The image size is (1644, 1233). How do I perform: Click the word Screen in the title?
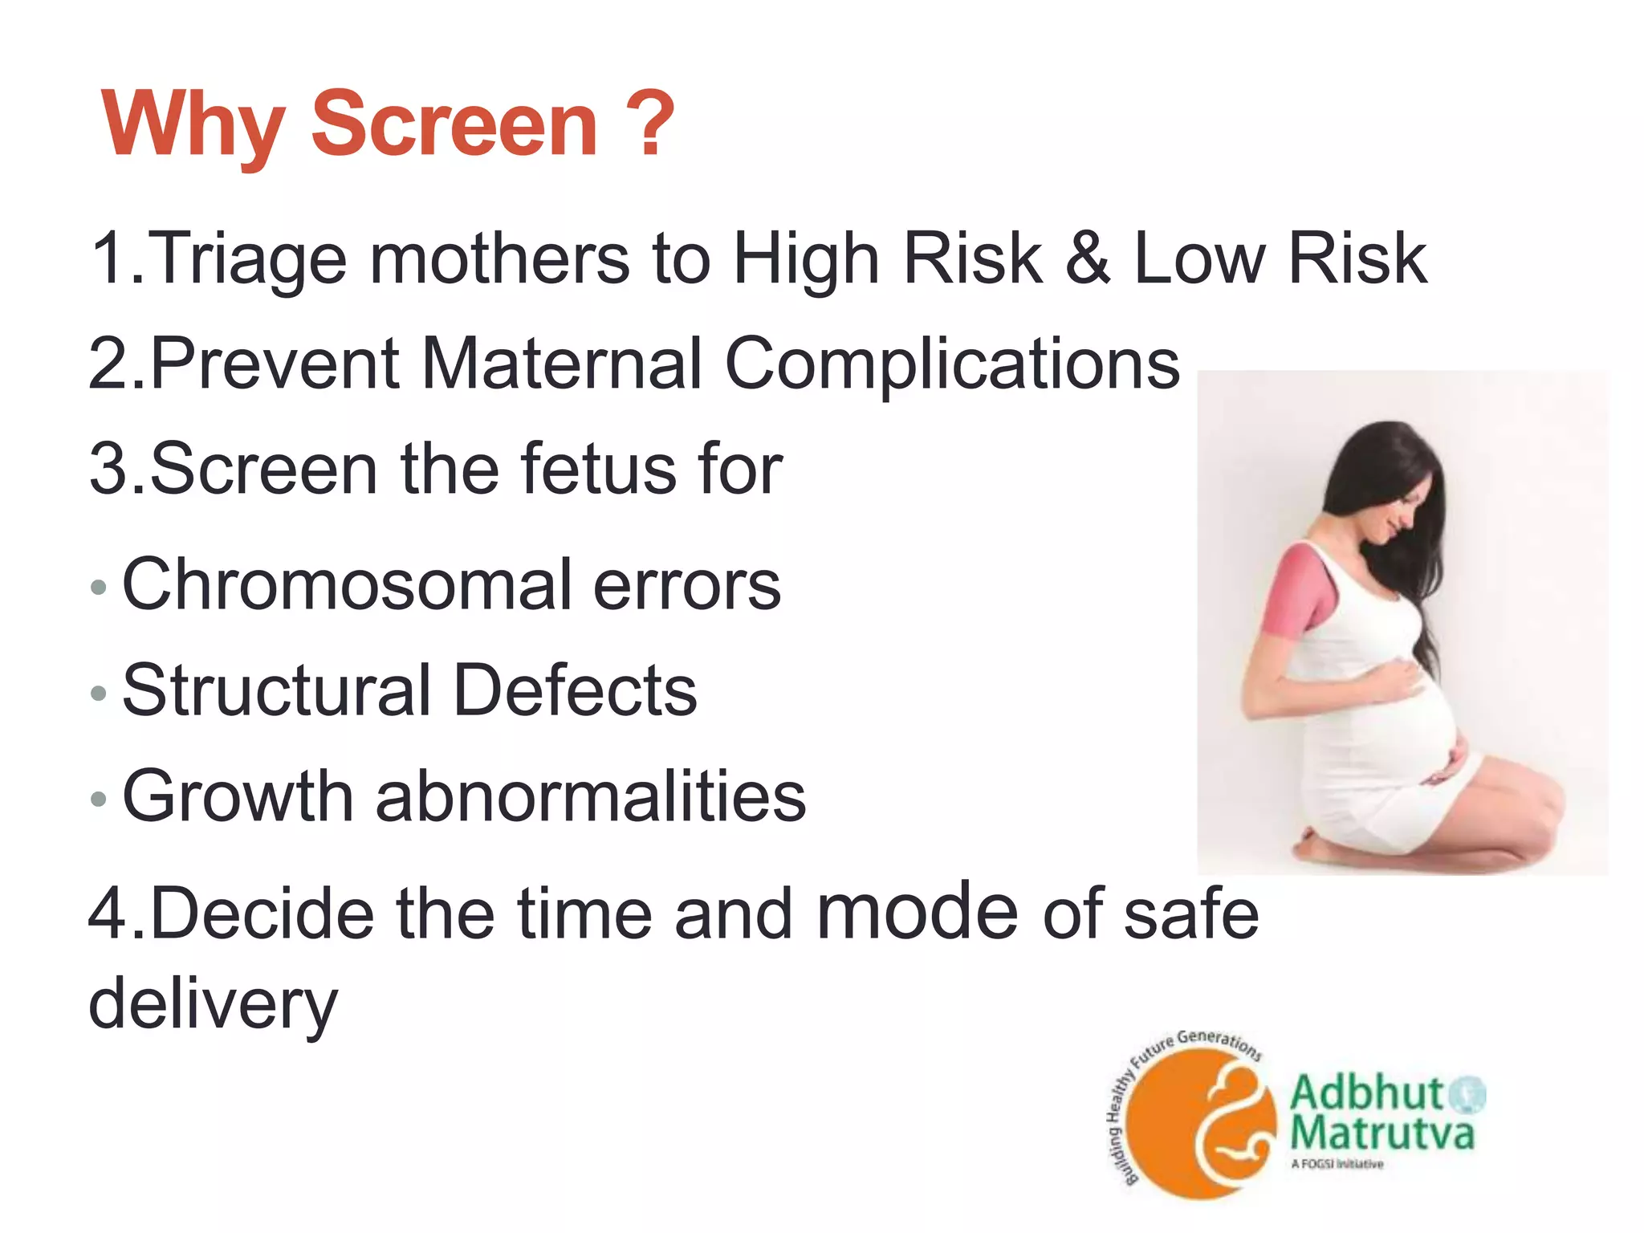(454, 124)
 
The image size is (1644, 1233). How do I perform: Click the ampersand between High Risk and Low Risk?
(1088, 258)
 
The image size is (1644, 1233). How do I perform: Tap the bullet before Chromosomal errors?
(98, 587)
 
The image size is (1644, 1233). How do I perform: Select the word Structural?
(276, 690)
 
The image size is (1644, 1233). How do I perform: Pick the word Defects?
(576, 690)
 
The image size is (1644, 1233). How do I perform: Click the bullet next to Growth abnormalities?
(98, 798)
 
